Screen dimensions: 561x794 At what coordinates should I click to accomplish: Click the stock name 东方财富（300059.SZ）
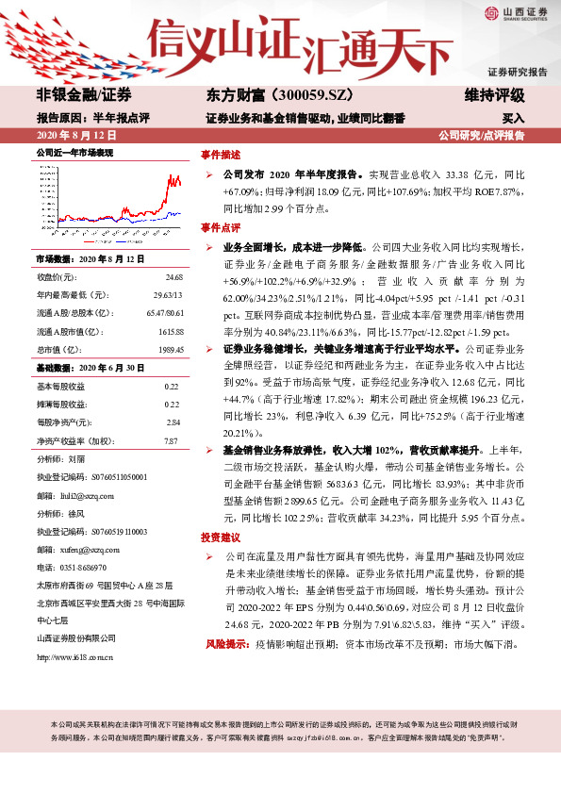[x=267, y=96]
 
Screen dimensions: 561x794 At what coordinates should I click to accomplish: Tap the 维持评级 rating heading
[x=496, y=96]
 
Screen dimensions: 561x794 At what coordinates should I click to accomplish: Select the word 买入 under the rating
[x=513, y=119]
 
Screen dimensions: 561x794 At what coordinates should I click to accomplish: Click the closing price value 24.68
[x=173, y=277]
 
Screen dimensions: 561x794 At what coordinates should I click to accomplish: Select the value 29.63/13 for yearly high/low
[x=166, y=295]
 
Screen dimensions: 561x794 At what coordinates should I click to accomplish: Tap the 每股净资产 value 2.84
[x=172, y=422]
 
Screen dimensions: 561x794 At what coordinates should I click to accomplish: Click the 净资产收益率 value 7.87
[x=171, y=440]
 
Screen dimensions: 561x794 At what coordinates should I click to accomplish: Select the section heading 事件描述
[x=220, y=153]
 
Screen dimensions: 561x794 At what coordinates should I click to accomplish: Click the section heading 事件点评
[x=220, y=227]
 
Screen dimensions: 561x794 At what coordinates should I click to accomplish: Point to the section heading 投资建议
[x=220, y=536]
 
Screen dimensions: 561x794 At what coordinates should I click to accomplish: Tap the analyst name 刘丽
[x=76, y=458]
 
